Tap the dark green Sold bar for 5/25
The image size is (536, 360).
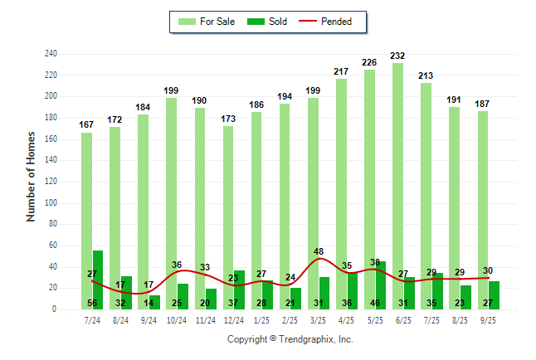tap(381, 285)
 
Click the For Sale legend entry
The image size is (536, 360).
tap(206, 22)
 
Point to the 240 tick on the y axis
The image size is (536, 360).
tap(51, 54)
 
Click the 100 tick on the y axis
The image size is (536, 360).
tap(51, 202)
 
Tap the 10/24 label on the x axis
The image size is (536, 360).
tap(177, 319)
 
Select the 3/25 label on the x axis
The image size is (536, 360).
tap(318, 319)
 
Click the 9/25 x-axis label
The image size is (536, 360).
tap(488, 319)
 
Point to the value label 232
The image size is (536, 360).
tap(398, 56)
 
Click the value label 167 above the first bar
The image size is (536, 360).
tap(86, 125)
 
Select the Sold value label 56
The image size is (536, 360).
tap(92, 303)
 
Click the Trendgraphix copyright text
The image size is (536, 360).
tap(290, 339)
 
